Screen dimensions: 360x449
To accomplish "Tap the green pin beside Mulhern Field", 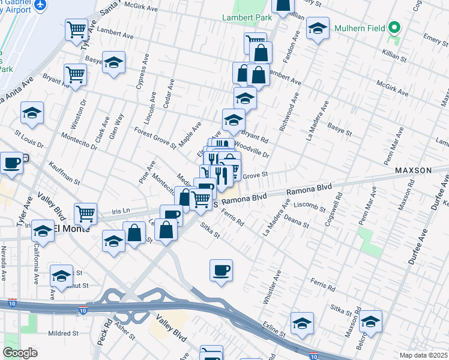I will pyautogui.click(x=394, y=28).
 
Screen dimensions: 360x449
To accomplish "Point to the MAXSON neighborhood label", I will pyautogui.click(x=413, y=170).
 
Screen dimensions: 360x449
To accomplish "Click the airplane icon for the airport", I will pyautogui.click(x=41, y=4).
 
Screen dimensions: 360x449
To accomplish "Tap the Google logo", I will pyautogui.click(x=20, y=353).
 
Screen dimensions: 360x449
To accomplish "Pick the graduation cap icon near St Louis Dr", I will pyautogui.click(x=32, y=112).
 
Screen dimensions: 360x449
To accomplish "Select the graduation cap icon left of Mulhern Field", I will pyautogui.click(x=318, y=27).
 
